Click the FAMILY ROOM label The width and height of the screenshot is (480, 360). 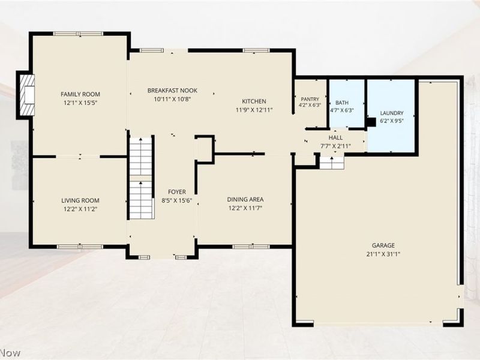coord(80,94)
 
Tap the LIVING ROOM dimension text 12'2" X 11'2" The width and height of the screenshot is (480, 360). coord(80,209)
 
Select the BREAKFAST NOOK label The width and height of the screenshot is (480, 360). coord(172,91)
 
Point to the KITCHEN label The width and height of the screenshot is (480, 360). coord(254,101)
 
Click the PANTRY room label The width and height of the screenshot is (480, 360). coord(310,99)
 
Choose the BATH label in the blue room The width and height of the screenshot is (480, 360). coord(342,103)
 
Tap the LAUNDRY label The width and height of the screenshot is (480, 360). coord(392,113)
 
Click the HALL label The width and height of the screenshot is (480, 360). coord(335,138)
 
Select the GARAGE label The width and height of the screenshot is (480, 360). coord(383,245)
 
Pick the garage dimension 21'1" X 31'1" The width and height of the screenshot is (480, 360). coord(383,254)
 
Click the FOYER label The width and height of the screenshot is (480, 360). coord(177,192)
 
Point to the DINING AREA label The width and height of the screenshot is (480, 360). coord(245,200)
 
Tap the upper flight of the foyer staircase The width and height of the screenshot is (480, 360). coord(141,157)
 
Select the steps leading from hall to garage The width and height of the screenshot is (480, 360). coord(332,163)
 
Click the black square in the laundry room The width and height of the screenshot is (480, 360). coord(371,122)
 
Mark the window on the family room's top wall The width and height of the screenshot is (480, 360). coord(78,34)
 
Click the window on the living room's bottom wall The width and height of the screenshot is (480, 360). coord(80,247)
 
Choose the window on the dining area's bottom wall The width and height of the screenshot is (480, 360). coord(251,247)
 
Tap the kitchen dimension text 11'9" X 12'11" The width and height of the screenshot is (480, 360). coord(254,110)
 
